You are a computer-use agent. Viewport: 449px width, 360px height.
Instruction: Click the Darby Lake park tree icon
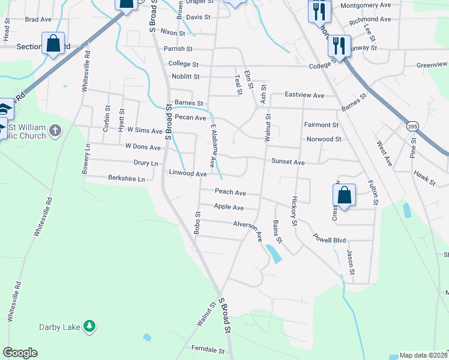pyautogui.click(x=89, y=326)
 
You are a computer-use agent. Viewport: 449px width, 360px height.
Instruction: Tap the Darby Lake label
pyautogui.click(x=59, y=327)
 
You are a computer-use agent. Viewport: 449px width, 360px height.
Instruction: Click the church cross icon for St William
pyautogui.click(x=55, y=130)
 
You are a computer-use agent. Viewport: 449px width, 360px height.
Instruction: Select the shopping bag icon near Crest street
pyautogui.click(x=345, y=195)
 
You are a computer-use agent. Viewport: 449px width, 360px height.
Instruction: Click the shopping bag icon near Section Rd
pyautogui.click(x=53, y=43)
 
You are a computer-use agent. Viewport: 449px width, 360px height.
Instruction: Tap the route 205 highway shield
pyautogui.click(x=412, y=127)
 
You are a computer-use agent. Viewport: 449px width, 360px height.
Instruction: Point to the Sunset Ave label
pyautogui.click(x=288, y=162)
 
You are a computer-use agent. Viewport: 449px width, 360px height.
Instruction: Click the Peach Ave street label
pyautogui.click(x=231, y=193)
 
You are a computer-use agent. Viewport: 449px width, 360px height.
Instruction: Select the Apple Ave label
pyautogui.click(x=229, y=207)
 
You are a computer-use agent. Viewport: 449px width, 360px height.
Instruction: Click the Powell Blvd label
pyautogui.click(x=330, y=240)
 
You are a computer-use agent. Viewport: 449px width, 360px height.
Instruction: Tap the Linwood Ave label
pyautogui.click(x=188, y=173)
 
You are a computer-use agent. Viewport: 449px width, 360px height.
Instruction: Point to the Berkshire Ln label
pyautogui.click(x=127, y=179)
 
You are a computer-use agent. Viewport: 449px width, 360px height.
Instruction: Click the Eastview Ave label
pyautogui.click(x=304, y=95)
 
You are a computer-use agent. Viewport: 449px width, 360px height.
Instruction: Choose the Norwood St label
pyautogui.click(x=323, y=139)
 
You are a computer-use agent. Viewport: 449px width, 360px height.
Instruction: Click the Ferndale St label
pyautogui.click(x=208, y=349)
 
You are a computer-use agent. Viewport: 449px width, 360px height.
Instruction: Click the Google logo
pyautogui.click(x=20, y=353)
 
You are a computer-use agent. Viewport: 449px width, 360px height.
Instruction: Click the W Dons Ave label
pyautogui.click(x=143, y=147)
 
